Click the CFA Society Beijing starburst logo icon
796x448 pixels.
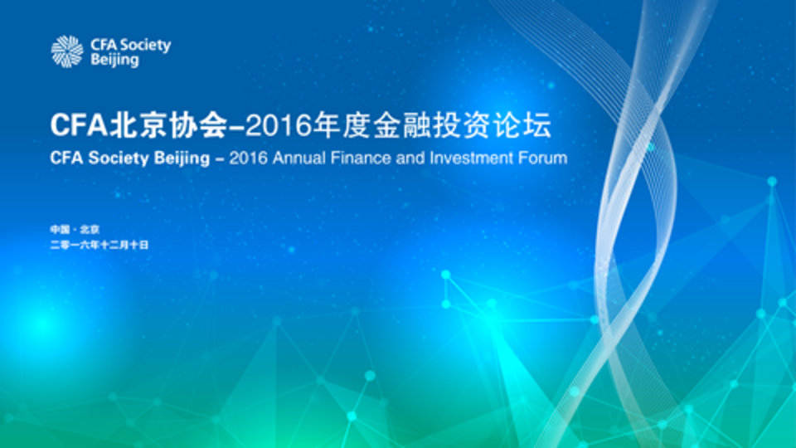67,51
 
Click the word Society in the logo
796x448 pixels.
145,46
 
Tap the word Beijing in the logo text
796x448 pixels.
114,60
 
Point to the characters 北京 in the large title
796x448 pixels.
138,125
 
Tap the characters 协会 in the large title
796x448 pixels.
197,125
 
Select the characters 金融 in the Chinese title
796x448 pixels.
402,125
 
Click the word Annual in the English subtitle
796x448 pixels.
298,158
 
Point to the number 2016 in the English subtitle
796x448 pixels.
248,158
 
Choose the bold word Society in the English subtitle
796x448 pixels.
119,158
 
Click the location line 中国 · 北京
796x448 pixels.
75,230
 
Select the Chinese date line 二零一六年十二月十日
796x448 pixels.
99,245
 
